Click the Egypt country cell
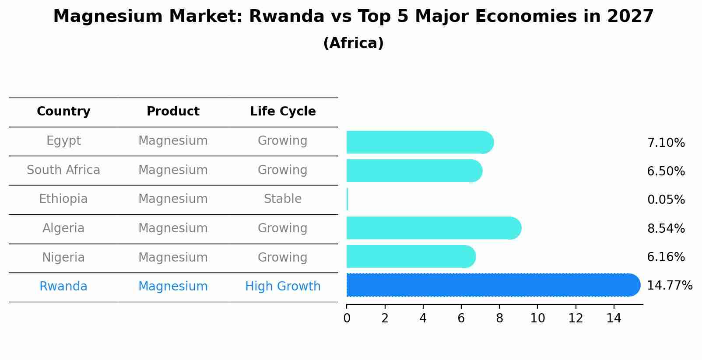[x=63, y=141]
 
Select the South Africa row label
[x=63, y=170]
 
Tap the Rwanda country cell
[x=63, y=287]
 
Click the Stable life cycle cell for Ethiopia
[x=282, y=199]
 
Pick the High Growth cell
[x=282, y=287]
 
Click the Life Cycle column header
[x=282, y=112]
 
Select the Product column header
[x=173, y=112]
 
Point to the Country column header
[x=63, y=112]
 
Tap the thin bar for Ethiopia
[x=347, y=199]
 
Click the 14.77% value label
[x=669, y=286]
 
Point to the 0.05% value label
[x=666, y=200]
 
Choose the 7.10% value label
[x=666, y=143]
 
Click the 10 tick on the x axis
[x=537, y=318]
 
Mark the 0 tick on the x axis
[x=347, y=318]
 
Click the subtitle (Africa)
[x=353, y=43]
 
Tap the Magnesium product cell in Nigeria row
[x=173, y=258]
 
